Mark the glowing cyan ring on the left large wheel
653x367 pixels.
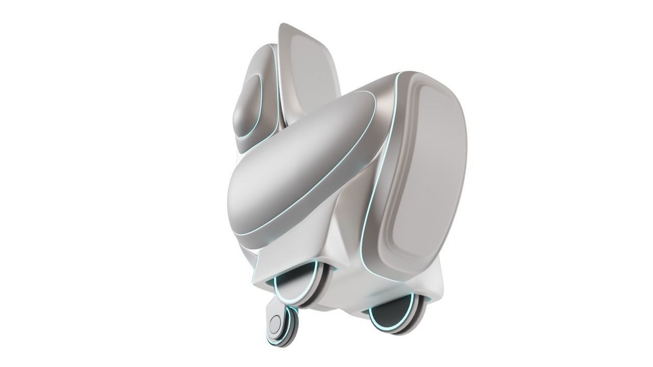pos(280,291)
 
